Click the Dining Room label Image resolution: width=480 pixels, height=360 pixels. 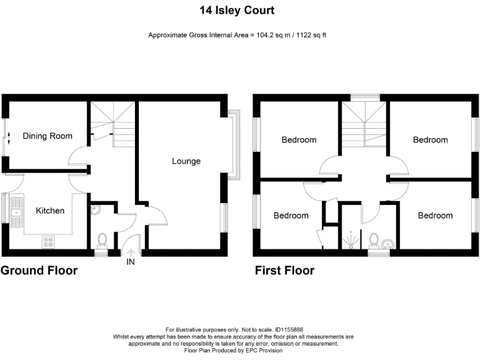click(x=47, y=136)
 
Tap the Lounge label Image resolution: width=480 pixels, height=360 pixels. click(x=186, y=161)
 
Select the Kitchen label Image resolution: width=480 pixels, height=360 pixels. click(x=50, y=211)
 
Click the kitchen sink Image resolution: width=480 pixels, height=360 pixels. click(x=16, y=212)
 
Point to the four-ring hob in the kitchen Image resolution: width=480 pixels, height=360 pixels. click(x=48, y=242)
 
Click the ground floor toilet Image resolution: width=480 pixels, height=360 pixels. click(x=102, y=240)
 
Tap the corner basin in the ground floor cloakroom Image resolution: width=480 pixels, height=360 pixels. click(x=95, y=209)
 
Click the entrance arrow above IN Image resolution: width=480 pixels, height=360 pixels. click(x=131, y=252)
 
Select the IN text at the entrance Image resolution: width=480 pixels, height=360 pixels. click(x=131, y=262)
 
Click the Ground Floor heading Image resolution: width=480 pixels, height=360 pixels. click(x=39, y=271)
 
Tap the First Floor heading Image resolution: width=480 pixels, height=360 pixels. click(x=285, y=271)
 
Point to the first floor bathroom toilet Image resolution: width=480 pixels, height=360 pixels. click(x=374, y=241)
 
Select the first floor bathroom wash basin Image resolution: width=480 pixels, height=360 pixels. click(x=388, y=244)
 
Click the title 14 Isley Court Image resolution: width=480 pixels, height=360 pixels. click(x=237, y=11)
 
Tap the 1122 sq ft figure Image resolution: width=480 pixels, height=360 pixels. click(x=311, y=35)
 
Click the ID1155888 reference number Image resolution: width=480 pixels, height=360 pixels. click(x=289, y=330)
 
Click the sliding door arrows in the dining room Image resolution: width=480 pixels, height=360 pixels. click(x=9, y=138)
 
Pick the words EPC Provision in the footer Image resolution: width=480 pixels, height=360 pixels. click(x=264, y=351)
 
